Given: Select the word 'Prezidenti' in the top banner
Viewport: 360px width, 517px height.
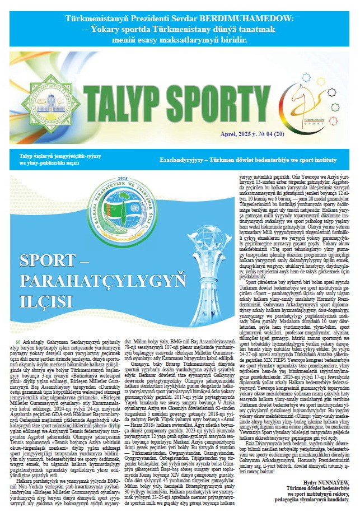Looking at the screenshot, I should (148, 18).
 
